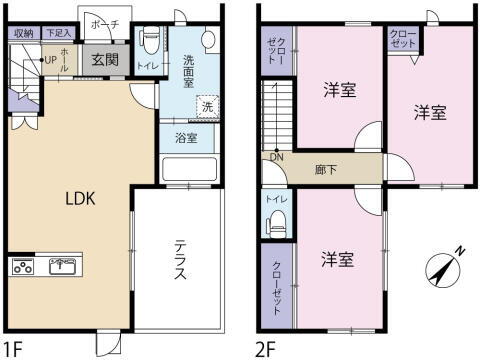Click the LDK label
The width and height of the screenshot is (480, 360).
click(80, 198)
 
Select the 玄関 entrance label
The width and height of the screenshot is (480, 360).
click(105, 60)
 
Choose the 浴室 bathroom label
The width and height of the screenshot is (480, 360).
click(186, 138)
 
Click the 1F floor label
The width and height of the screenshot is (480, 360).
click(12, 350)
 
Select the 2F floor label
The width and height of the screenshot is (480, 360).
click(265, 350)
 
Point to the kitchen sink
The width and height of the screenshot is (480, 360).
click(63, 267)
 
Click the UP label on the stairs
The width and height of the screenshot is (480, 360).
click(49, 60)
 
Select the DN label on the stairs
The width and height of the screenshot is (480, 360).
click(275, 157)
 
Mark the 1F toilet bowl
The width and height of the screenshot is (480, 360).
click(150, 44)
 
